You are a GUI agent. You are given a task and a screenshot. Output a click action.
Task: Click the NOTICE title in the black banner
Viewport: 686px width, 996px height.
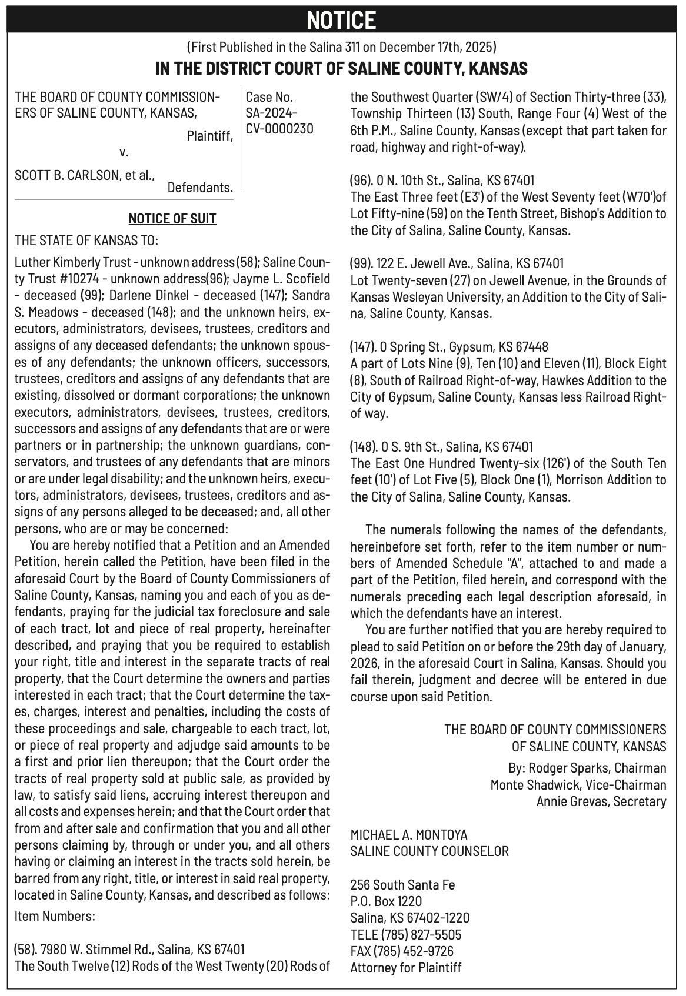coord(342,21)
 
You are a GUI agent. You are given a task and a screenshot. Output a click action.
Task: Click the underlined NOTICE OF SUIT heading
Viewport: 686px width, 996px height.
coord(172,219)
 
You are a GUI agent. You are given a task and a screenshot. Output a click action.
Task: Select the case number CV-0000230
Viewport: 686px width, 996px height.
coord(279,129)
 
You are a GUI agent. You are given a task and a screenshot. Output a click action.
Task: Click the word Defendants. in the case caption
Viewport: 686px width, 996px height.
coord(200,188)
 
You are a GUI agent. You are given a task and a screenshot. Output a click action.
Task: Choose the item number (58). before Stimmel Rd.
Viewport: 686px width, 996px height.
coord(25,949)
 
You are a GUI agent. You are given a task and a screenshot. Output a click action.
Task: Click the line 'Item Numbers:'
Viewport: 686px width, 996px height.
coord(55,916)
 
